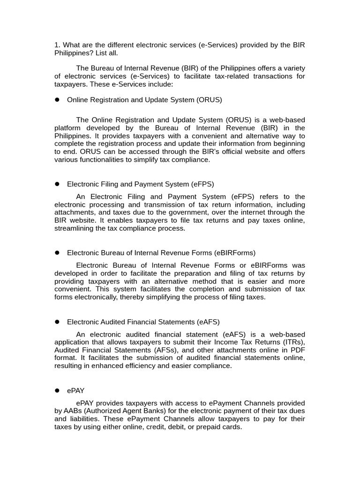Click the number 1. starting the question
click(57, 45)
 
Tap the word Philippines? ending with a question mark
click(75, 53)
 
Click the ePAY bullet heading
click(76, 391)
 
